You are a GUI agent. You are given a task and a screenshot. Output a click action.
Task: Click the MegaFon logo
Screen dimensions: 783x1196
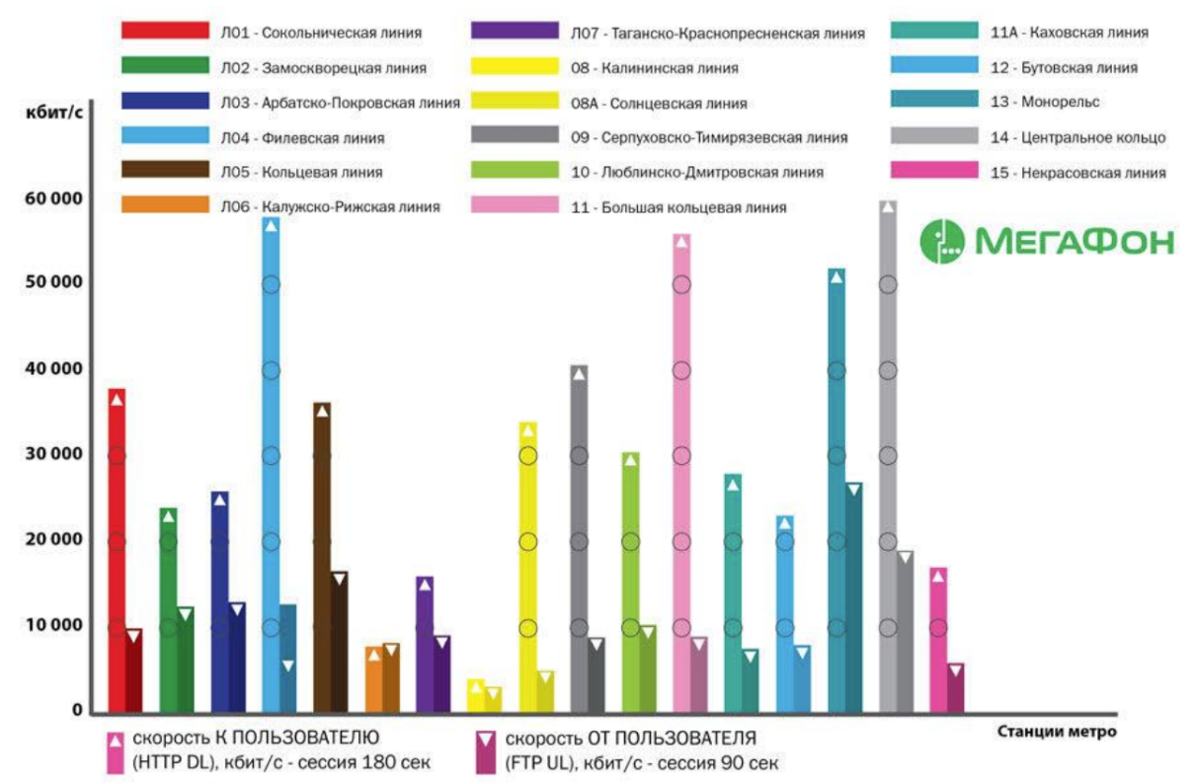(1047, 241)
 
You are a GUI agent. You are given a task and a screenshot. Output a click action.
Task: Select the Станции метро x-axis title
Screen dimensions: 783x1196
(1057, 732)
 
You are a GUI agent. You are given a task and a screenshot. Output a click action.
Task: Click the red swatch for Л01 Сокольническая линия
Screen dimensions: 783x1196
(164, 32)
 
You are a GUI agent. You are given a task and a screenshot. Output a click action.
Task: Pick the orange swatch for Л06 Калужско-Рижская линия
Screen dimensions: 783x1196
(164, 205)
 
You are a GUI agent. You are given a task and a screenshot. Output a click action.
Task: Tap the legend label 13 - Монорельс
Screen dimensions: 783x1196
(1045, 102)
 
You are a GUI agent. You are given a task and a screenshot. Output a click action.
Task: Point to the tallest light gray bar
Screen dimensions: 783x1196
(888, 454)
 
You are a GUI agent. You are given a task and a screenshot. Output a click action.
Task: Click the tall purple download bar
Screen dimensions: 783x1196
(425, 643)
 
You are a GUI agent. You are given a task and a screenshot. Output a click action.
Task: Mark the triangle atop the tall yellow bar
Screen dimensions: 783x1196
(527, 430)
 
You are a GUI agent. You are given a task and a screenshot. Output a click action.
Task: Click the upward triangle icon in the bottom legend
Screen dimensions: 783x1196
(116, 739)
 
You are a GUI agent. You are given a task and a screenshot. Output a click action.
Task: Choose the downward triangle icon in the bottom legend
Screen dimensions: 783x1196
(485, 739)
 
